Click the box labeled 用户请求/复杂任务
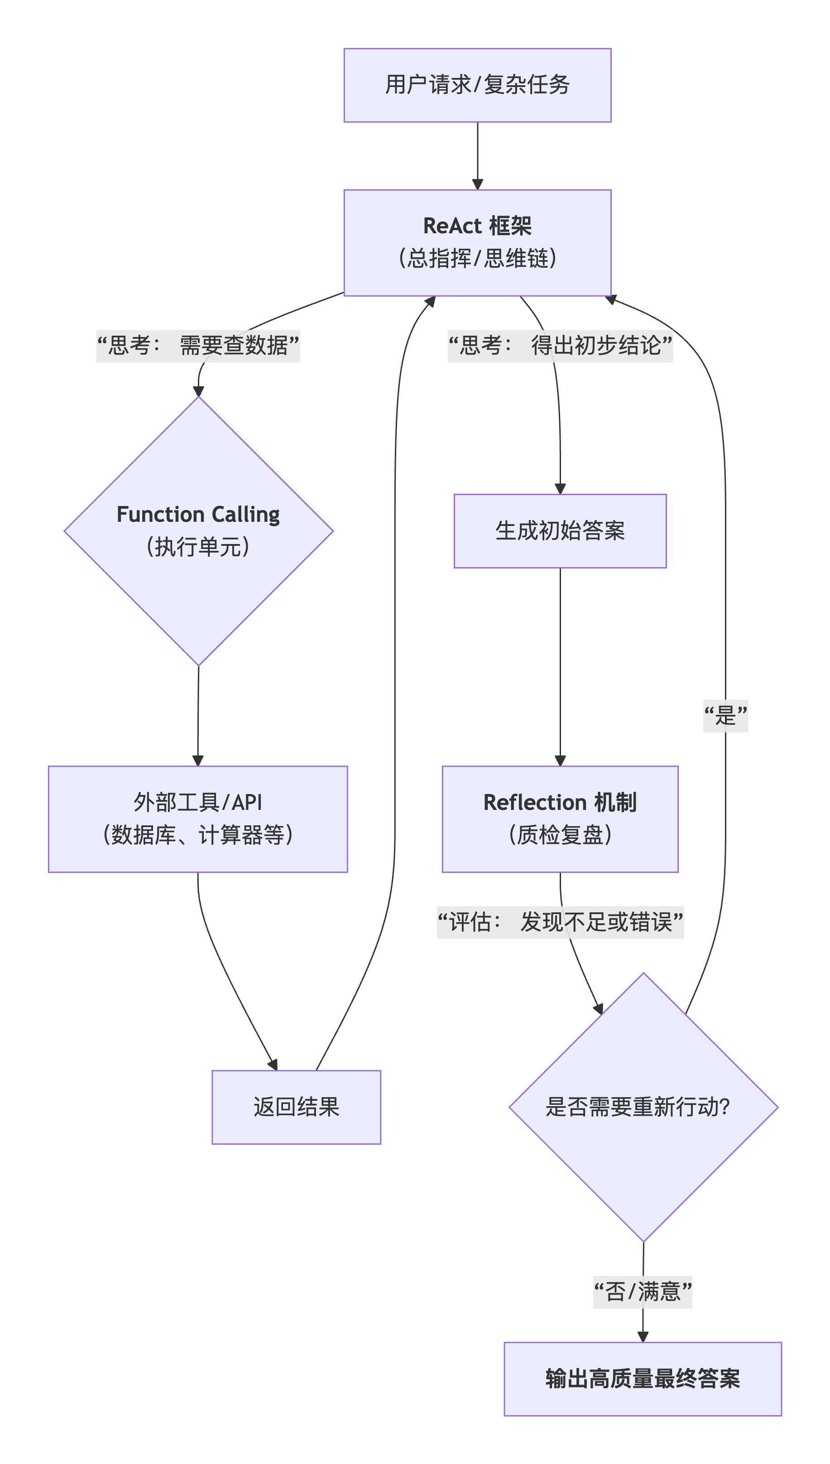477,85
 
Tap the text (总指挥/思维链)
477,258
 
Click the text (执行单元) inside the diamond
198,547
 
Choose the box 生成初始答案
560,531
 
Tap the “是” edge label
725,716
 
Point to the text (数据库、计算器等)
198,835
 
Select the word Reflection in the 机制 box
535,803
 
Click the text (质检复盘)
560,835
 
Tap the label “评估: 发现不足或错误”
560,922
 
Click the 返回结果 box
296,1107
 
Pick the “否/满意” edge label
643,1292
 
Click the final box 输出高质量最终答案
643,1379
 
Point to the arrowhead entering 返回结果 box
273,1064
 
